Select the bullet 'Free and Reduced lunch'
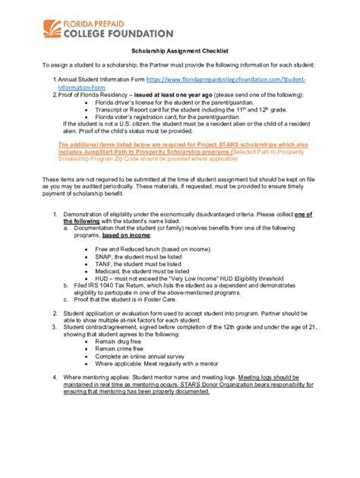click(141, 248)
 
